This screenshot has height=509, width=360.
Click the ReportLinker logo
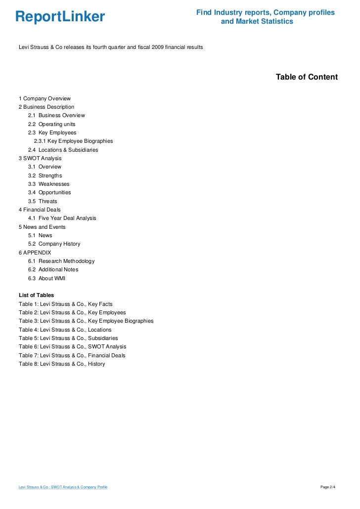point(60,17)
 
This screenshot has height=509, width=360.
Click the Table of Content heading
point(307,77)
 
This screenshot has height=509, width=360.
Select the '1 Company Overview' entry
point(45,98)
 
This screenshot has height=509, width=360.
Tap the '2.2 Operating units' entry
point(51,124)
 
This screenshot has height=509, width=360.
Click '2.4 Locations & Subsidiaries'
point(63,150)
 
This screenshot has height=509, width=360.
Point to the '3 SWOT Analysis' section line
point(40,158)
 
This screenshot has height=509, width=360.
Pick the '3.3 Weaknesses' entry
point(49,184)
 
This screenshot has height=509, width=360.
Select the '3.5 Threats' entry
point(43,201)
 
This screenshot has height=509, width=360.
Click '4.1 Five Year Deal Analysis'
point(62,218)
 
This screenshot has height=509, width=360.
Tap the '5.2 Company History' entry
point(54,244)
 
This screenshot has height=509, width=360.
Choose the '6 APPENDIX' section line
point(35,253)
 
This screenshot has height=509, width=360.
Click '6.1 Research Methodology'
point(61,261)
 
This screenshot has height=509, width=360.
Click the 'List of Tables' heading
point(36,295)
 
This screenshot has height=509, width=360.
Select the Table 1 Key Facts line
point(65,304)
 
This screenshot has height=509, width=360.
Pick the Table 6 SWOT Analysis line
point(72,347)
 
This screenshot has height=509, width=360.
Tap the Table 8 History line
point(62,364)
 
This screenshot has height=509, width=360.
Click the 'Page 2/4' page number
point(328,487)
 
